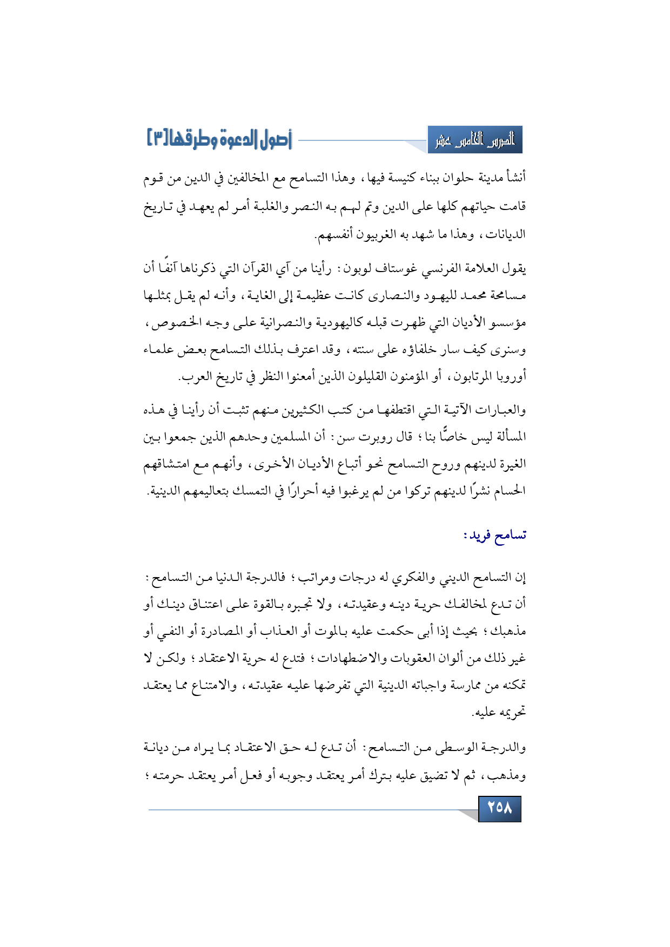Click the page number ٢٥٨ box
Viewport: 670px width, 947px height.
click(x=499, y=808)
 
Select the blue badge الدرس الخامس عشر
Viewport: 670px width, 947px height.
click(x=475, y=141)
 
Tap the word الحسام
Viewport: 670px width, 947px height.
click(x=510, y=491)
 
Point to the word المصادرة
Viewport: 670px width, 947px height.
click(x=210, y=631)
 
